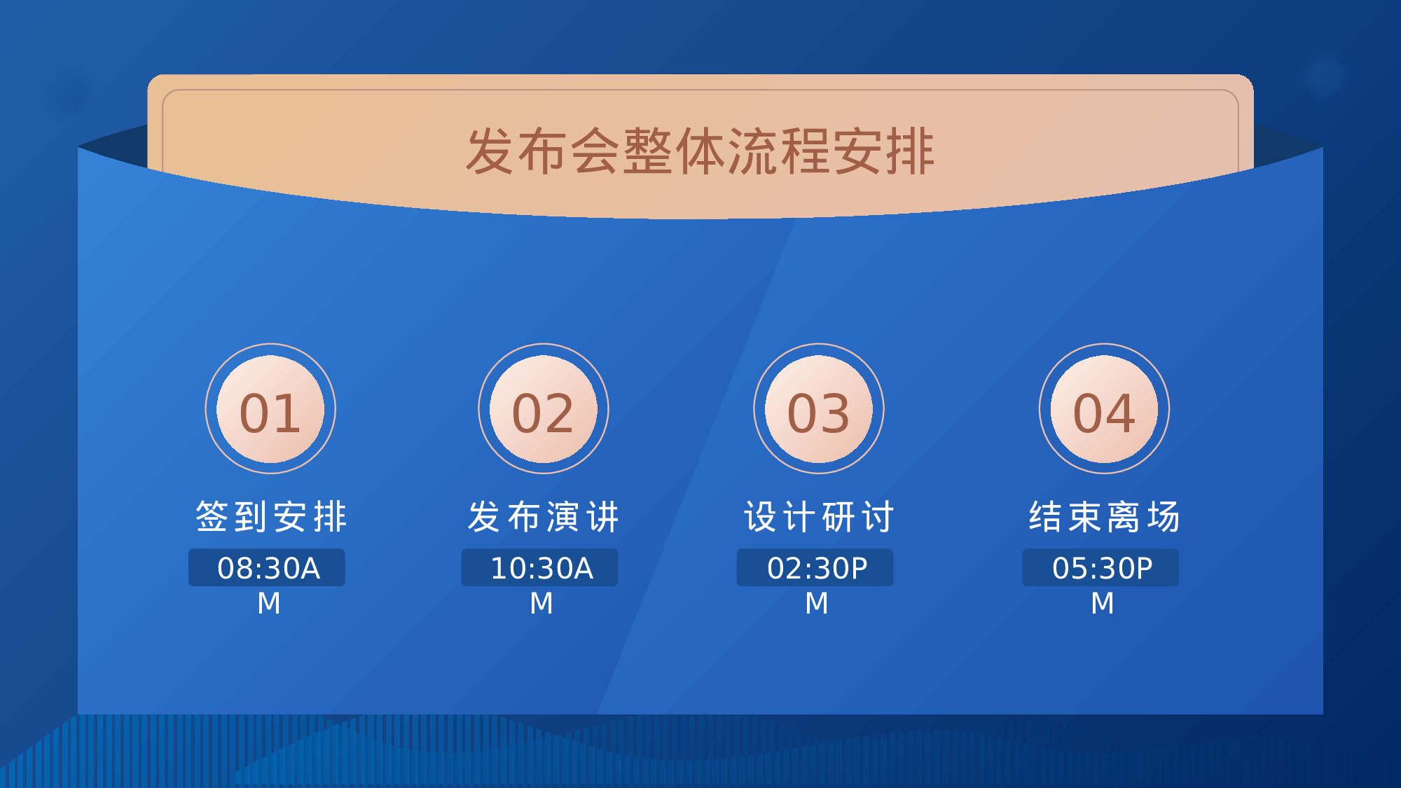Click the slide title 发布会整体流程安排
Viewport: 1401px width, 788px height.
[700, 151]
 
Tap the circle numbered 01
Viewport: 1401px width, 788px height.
[270, 409]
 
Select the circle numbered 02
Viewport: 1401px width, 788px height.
[544, 409]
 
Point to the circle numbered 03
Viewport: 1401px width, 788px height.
[819, 409]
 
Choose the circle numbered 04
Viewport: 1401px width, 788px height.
[1104, 409]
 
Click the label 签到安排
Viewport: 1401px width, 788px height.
[270, 517]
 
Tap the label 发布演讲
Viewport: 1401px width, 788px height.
[544, 517]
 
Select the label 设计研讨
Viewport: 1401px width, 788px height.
[819, 517]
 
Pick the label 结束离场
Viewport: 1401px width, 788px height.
[1104, 517]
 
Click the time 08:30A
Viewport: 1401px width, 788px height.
[268, 568]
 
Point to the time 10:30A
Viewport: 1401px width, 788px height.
[541, 568]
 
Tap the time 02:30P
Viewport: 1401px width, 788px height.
[817, 568]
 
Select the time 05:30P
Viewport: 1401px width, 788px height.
[1102, 568]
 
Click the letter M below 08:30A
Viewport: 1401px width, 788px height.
[269, 603]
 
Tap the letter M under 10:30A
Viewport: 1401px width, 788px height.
[541, 603]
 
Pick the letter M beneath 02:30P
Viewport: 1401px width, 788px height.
[817, 603]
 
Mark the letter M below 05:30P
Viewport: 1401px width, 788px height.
[1103, 603]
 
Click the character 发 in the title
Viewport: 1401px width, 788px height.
[491, 151]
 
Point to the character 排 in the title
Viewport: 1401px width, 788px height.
[909, 151]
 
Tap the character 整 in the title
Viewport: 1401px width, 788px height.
[648, 151]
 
